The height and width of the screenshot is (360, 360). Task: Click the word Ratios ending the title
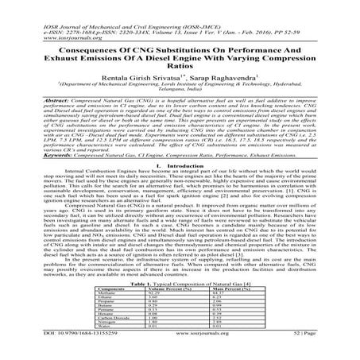(180, 66)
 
